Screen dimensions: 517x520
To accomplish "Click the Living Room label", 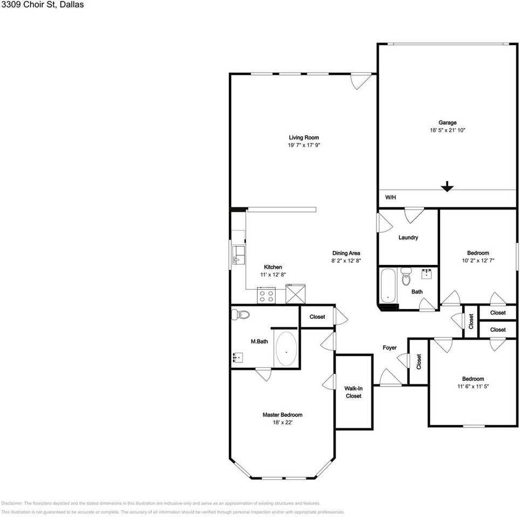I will point(304,138).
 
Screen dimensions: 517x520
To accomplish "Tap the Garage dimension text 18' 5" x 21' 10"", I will point(447,130).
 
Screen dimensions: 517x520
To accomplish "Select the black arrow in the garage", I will point(447,186).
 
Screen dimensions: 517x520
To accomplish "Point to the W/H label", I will point(390,198).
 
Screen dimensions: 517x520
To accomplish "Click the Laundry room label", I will point(408,237).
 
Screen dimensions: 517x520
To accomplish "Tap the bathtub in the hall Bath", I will point(388,287).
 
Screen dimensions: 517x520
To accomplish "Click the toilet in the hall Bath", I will point(406,277).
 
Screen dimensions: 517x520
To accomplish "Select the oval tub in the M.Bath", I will point(286,350).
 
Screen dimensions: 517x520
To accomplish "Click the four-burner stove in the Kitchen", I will point(266,295).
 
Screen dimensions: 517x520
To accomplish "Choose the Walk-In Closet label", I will point(353,392).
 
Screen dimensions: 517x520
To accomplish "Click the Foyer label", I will point(389,348).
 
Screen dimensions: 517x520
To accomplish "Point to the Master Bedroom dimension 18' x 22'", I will point(282,423).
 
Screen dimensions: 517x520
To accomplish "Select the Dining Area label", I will point(346,253).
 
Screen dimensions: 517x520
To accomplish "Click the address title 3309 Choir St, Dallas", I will point(42,5).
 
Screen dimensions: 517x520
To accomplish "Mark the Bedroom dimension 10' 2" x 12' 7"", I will point(478,260).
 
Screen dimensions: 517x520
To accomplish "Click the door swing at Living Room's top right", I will point(360,81).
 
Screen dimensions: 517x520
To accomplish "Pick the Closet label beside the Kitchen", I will point(317,317).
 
